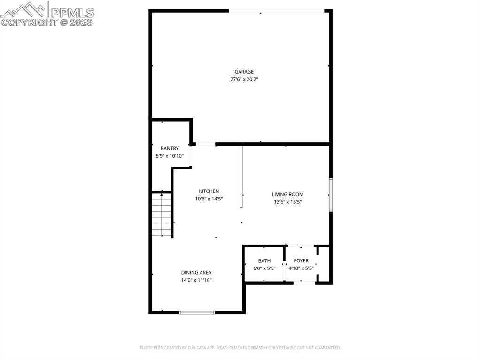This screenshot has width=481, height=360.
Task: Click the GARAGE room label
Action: (244, 72)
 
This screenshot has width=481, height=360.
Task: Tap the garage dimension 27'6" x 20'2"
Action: (244, 79)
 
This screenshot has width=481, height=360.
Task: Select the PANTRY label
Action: (170, 148)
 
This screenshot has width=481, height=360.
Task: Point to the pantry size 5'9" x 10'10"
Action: (170, 156)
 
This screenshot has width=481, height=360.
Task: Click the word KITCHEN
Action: (209, 191)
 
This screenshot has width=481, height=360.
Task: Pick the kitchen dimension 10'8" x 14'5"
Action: (209, 199)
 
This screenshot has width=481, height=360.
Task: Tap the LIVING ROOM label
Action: (288, 194)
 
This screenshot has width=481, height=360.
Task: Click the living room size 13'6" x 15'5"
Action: (288, 202)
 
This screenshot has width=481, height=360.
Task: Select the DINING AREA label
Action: (196, 273)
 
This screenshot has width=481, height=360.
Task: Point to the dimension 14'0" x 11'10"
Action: (196, 280)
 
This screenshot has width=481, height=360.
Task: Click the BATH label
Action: (264, 261)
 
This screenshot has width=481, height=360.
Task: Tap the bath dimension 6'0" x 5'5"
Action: (264, 268)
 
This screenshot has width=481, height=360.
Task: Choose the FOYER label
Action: (301, 260)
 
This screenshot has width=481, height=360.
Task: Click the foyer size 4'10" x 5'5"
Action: (301, 268)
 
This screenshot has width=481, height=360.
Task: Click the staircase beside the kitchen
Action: (162, 214)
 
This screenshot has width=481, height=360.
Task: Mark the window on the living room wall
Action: (331, 194)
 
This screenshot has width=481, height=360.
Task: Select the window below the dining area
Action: (197, 313)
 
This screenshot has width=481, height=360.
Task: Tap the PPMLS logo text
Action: (72, 13)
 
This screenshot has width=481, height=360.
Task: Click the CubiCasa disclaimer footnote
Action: (240, 348)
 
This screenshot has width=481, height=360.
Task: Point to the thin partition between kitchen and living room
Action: (241, 176)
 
